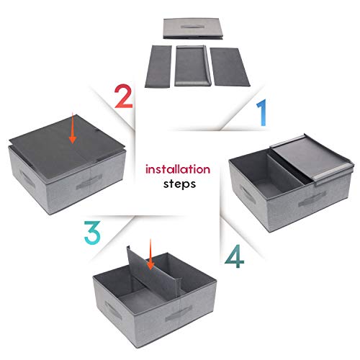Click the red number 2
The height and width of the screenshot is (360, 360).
(124, 96)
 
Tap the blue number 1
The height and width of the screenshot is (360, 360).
(262, 112)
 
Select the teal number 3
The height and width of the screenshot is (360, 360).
(92, 233)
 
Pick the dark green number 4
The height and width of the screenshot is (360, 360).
(235, 256)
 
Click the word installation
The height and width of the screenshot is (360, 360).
(178, 169)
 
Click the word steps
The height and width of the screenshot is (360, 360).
(179, 184)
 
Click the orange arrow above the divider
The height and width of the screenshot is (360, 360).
(150, 254)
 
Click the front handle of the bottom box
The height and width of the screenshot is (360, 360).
(179, 313)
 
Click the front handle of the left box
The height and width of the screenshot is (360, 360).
(89, 182)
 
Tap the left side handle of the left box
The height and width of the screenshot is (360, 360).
(27, 179)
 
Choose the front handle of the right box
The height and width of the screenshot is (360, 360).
(312, 199)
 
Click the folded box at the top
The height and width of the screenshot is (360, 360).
(193, 29)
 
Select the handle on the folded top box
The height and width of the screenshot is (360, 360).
(192, 27)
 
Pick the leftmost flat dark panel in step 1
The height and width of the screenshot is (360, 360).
(158, 66)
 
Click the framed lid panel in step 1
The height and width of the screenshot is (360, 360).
(193, 66)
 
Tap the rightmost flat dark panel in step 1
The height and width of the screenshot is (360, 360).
(230, 67)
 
